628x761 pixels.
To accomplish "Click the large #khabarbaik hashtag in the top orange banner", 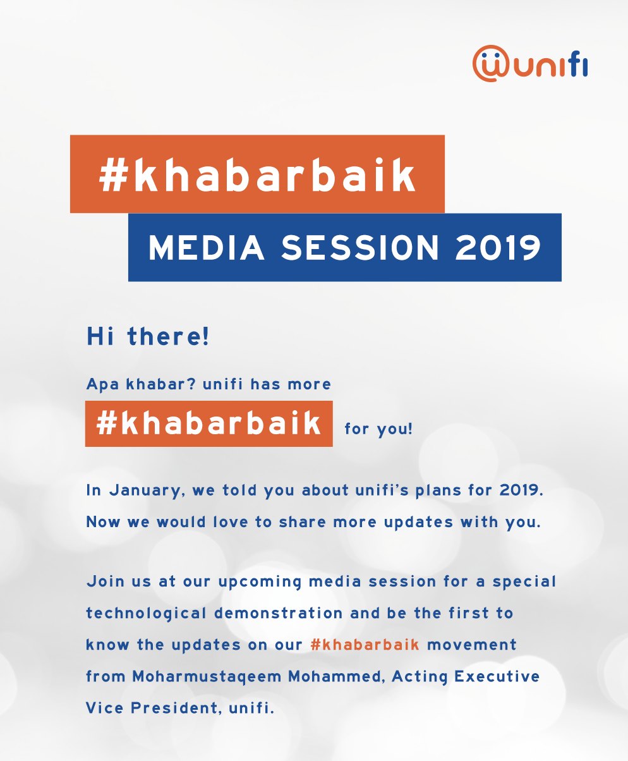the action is (257, 175).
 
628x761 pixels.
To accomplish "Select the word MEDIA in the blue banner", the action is (206, 248).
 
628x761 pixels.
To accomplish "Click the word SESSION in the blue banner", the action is (360, 248).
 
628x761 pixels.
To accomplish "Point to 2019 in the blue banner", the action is (498, 248).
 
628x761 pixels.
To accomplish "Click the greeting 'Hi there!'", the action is (148, 336).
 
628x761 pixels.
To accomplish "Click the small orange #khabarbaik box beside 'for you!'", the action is (208, 423).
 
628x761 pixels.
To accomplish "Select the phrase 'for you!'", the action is (378, 429).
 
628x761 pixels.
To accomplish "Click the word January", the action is (145, 491).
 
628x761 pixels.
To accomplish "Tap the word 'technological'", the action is (147, 614).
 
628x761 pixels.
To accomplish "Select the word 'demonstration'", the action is (278, 613).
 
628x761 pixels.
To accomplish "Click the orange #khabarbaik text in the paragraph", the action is (365, 644).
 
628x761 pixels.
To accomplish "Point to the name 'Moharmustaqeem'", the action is (207, 677).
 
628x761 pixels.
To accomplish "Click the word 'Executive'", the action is (497, 676).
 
